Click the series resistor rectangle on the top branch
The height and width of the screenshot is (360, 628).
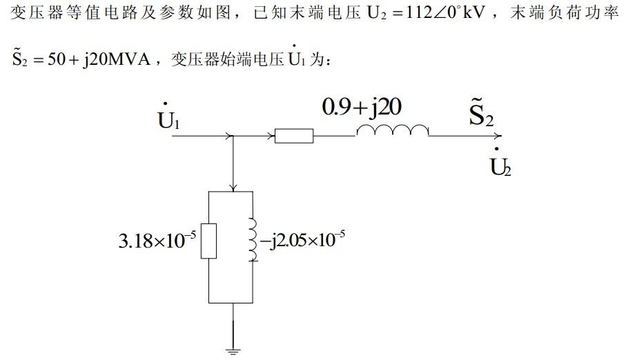pos(294,137)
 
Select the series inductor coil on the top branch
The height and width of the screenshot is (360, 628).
pos(392,131)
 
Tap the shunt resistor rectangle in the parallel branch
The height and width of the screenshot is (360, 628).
pos(209,241)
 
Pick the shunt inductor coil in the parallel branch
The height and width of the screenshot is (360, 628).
pos(253,241)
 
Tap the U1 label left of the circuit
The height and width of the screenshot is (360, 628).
pos(168,120)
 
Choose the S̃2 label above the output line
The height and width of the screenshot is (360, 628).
pos(481,115)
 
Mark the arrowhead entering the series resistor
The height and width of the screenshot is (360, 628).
pos(271,137)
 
